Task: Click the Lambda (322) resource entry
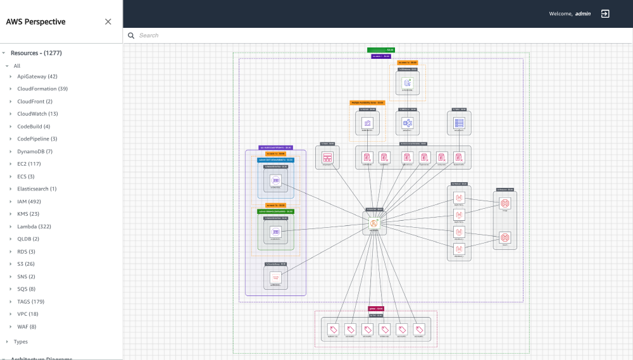tap(34, 227)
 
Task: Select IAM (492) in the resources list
tap(28, 201)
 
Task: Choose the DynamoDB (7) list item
tap(35, 151)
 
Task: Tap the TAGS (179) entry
tap(30, 302)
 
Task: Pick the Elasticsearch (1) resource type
tap(37, 189)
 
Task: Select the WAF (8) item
tap(27, 326)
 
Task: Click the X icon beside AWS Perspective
tap(108, 22)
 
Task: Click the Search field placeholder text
tap(149, 35)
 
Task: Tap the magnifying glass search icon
tap(131, 35)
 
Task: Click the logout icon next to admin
tap(605, 13)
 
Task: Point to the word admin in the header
tap(583, 14)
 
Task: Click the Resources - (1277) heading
tap(36, 53)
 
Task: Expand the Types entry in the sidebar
tap(21, 342)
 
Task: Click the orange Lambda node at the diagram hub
tap(374, 223)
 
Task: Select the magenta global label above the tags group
tap(376, 309)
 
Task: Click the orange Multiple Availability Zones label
tap(367, 102)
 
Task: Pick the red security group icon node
tap(275, 277)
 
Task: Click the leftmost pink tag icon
tap(333, 329)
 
